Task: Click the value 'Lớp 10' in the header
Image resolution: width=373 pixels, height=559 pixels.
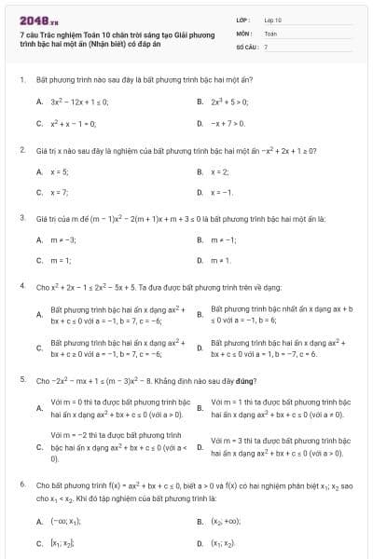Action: [x=272, y=19]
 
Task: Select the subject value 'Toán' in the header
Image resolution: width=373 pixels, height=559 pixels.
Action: [x=270, y=32]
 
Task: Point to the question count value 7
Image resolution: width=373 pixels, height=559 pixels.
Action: [x=266, y=46]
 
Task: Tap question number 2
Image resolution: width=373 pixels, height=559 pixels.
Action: [x=21, y=150]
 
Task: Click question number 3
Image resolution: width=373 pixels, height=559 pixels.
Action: [x=21, y=218]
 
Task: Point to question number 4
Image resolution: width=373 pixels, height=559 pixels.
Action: [x=21, y=288]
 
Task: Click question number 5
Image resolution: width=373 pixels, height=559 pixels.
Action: [x=21, y=381]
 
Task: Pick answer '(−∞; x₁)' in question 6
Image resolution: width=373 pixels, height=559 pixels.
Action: [x=67, y=523]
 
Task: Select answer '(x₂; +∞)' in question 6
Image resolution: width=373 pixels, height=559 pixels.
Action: [x=228, y=523]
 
